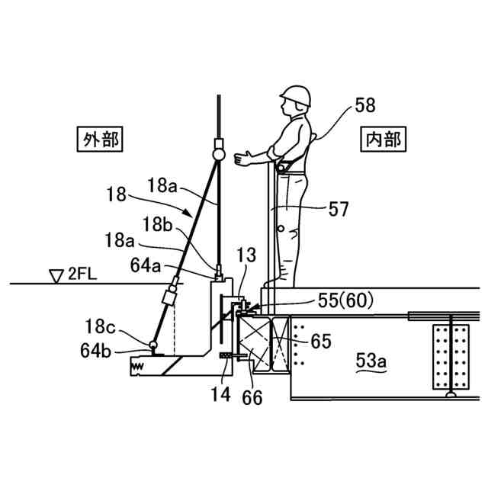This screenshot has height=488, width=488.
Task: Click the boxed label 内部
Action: coord(382,140)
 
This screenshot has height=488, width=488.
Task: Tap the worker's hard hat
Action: coord(296,95)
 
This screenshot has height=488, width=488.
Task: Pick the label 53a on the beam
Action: coord(371,360)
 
